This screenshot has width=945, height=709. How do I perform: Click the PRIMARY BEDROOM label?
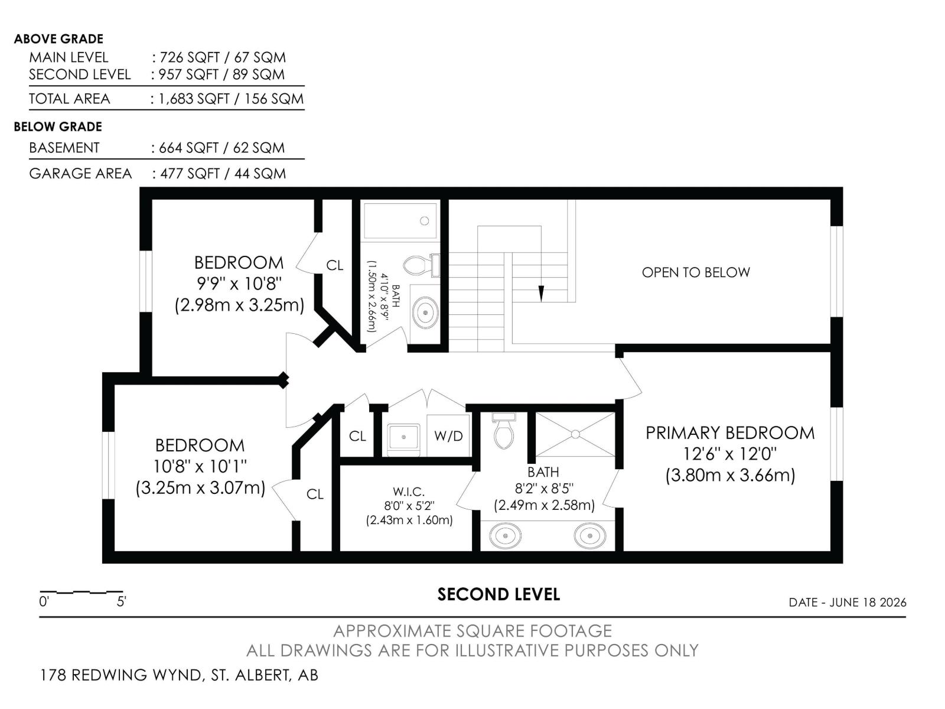tap(730, 433)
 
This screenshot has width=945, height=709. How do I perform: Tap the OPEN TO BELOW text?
tap(696, 272)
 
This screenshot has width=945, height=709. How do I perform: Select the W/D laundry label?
tap(448, 436)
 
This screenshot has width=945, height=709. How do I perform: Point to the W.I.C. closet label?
tap(409, 491)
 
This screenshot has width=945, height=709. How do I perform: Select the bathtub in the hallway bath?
tap(400, 221)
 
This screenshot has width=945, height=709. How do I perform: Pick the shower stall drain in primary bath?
tap(575, 434)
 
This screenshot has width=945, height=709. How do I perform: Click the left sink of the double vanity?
tap(506, 536)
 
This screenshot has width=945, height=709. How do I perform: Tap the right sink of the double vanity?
tap(590, 536)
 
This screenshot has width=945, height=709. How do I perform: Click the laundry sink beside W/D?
tap(403, 438)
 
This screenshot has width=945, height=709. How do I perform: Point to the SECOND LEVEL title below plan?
tap(498, 594)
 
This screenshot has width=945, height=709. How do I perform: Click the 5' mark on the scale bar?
tap(122, 601)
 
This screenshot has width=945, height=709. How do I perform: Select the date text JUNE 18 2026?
tap(868, 602)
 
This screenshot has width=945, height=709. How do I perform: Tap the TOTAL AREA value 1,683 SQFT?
tap(194, 99)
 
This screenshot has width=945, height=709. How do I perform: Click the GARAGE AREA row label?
tap(80, 174)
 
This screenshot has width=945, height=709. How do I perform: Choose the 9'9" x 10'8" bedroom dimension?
tap(239, 284)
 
